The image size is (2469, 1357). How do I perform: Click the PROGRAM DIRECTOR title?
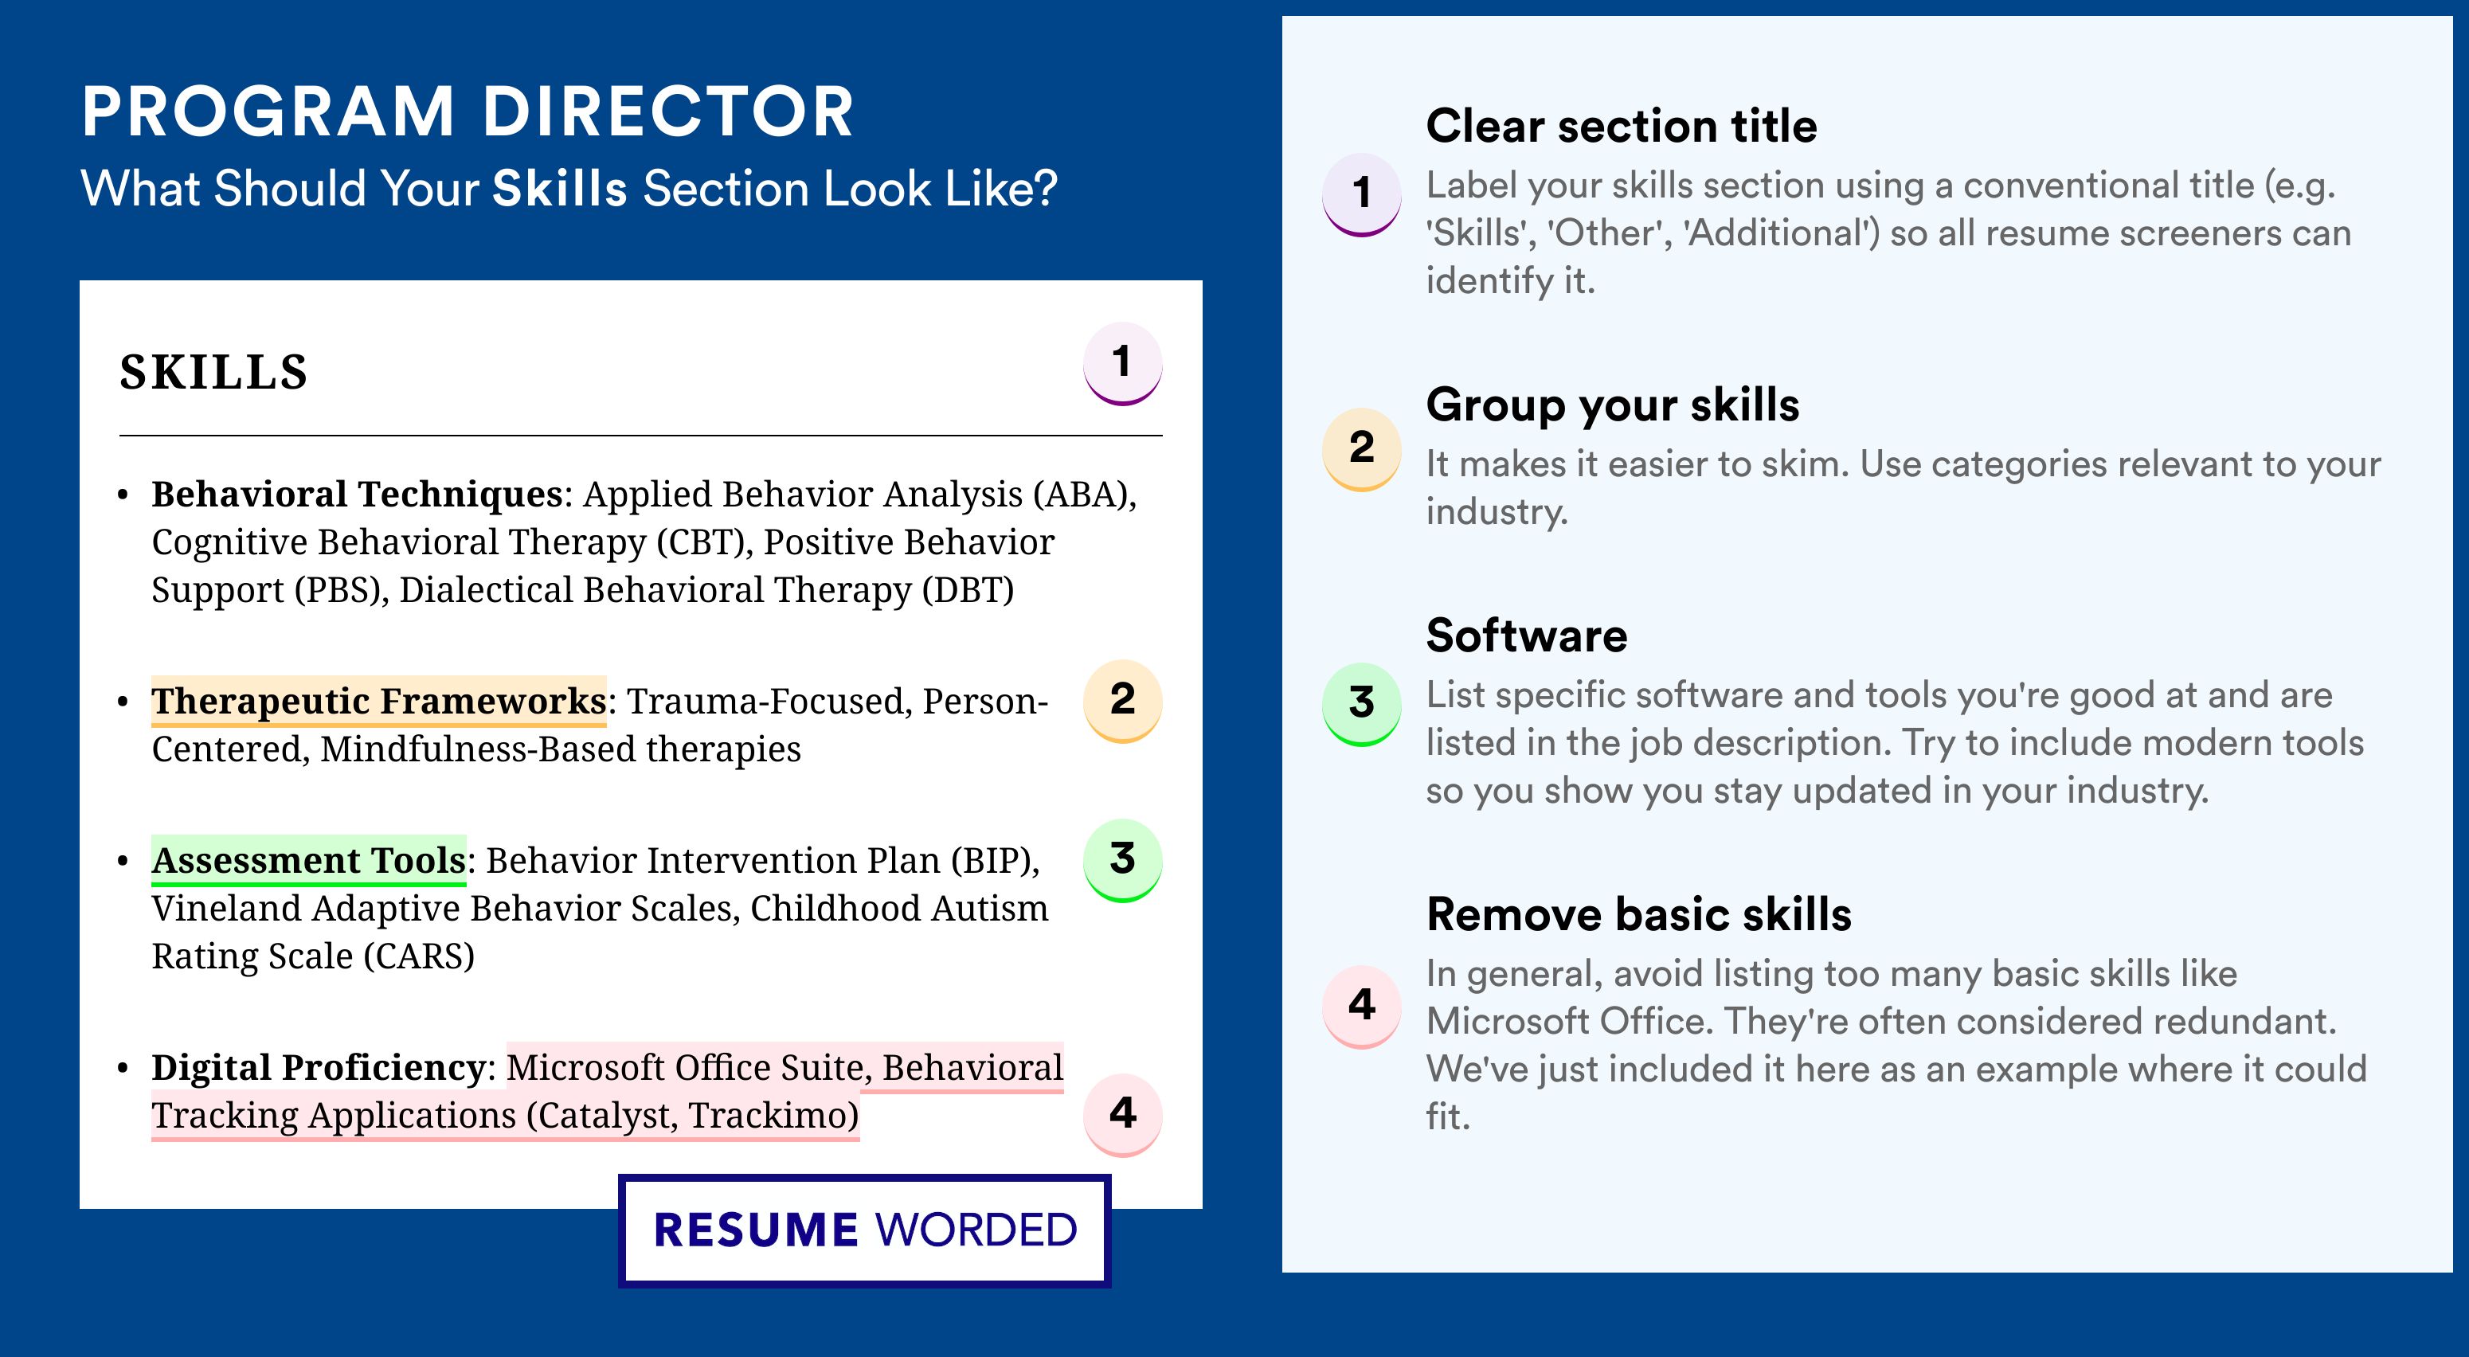(467, 111)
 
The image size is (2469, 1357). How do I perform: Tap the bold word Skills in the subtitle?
(560, 188)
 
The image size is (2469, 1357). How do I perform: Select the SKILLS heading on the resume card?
(213, 372)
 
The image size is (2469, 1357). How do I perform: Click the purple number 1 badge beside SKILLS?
(1122, 363)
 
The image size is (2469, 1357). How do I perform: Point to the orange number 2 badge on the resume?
(1122, 701)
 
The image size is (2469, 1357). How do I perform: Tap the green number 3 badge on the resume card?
(1122, 859)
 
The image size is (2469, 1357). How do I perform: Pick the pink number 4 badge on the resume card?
(1122, 1115)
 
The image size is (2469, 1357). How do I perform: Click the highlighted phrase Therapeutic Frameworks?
(378, 701)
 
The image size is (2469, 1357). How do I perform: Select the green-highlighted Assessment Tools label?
(309, 859)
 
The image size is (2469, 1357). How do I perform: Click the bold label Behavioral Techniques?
(357, 494)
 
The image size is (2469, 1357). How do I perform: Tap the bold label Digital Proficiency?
(319, 1066)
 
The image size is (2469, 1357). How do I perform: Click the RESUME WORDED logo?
(864, 1230)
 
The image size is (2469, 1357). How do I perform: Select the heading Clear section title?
(1621, 126)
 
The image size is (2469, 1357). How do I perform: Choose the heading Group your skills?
(1612, 405)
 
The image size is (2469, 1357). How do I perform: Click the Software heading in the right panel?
(1527, 635)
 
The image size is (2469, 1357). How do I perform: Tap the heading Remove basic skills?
(1639, 914)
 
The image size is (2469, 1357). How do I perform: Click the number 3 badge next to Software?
(1362, 704)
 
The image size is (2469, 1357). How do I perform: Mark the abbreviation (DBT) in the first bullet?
(968, 589)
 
